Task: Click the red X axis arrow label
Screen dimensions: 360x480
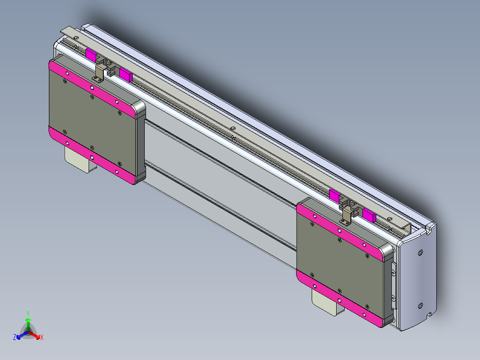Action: [x=41, y=338]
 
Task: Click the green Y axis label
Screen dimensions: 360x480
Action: [x=28, y=313]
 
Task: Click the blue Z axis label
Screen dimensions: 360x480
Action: [x=15, y=338]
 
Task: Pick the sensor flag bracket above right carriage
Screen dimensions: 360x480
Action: [x=346, y=216]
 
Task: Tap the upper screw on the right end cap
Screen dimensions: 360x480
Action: [x=421, y=253]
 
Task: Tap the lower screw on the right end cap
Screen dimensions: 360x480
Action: [x=420, y=305]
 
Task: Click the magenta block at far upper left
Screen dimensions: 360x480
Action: [x=91, y=56]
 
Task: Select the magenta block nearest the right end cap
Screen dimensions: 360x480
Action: [x=369, y=215]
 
